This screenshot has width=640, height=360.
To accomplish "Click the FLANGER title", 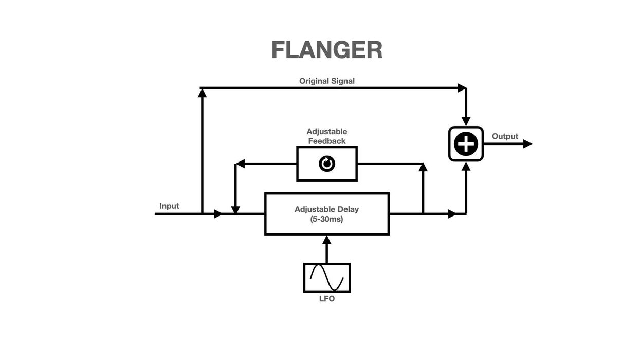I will [326, 50].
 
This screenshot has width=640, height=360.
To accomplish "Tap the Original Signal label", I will [327, 81].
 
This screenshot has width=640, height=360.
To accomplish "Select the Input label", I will [169, 206].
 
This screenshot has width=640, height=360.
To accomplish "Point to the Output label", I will [505, 136].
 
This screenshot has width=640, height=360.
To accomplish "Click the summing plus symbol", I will [466, 144].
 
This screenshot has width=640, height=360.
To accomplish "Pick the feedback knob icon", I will [327, 164].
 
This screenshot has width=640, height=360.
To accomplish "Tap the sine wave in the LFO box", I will [327, 278].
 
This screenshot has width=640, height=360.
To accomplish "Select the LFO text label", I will [327, 299].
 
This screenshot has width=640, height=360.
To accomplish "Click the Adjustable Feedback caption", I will [327, 136].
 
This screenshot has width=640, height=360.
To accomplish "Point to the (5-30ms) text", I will [327, 219].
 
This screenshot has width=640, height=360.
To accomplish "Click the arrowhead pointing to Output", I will [527, 144].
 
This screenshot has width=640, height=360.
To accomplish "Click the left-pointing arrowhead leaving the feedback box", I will [240, 164].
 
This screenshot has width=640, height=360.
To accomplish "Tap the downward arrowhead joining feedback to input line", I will [235, 210].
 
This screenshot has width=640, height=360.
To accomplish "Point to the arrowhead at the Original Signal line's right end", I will [462, 88].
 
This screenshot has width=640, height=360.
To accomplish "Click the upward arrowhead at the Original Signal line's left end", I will [202, 93].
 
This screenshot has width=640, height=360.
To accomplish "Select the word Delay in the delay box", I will [348, 209].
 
